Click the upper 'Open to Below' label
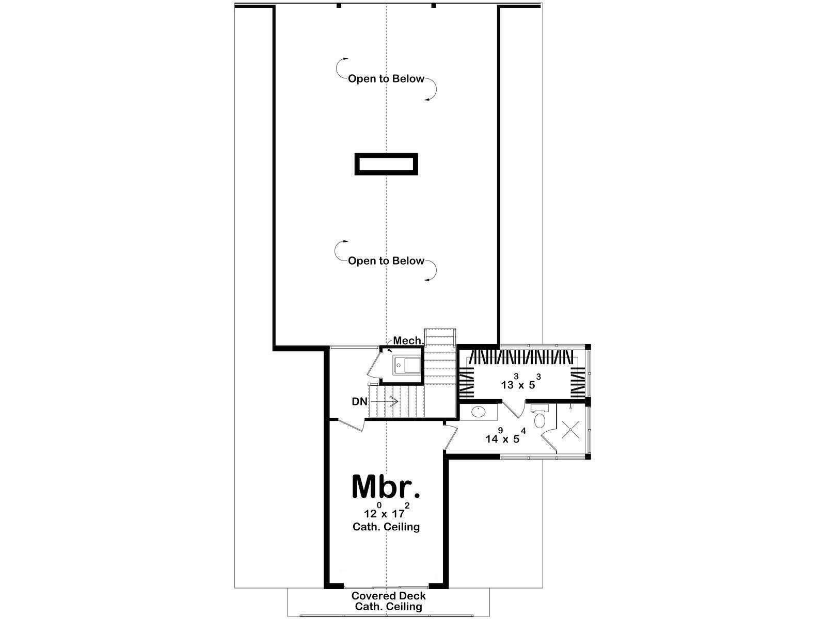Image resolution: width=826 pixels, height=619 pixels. tap(386, 79)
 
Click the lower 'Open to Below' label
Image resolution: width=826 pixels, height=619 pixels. tap(386, 261)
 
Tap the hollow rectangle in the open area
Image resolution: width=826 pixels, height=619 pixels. tap(386, 164)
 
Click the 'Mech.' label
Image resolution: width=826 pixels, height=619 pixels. tap(409, 340)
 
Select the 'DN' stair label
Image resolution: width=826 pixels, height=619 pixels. tap(359, 402)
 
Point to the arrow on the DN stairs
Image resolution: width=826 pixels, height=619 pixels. tap(385, 401)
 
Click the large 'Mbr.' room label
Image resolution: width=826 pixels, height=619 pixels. tap(386, 486)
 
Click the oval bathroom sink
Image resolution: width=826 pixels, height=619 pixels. tap(479, 413)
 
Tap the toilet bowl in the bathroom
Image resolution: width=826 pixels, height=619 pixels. tap(539, 420)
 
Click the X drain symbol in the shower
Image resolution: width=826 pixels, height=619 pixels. tap(571, 429)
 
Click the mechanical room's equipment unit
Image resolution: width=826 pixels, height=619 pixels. tap(407, 365)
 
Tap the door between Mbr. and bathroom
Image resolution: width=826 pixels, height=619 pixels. tap(451, 437)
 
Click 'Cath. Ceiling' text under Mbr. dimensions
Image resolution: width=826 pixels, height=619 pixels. tap(386, 527)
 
